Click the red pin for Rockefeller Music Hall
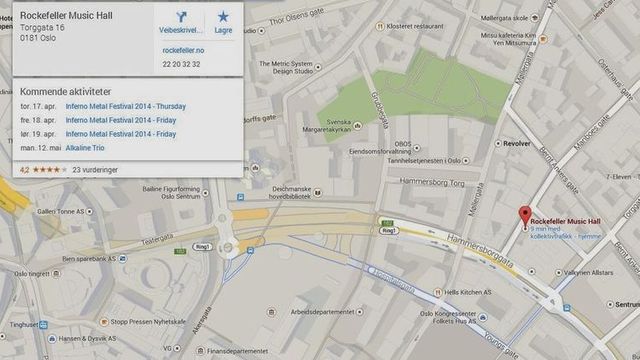(523, 215)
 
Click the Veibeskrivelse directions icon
(181, 20)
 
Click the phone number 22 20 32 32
(181, 64)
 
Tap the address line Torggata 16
(42, 28)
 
